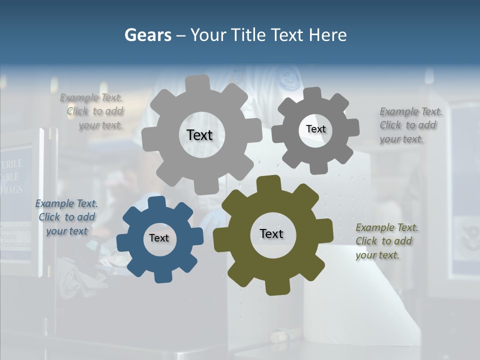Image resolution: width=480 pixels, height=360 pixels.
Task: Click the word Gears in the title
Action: click(147, 35)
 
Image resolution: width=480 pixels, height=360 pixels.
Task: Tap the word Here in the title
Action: click(327, 35)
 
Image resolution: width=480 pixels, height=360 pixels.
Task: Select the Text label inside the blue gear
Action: click(159, 238)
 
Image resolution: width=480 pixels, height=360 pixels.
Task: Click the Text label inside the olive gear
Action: click(271, 233)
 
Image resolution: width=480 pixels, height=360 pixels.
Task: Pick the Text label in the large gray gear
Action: click(199, 135)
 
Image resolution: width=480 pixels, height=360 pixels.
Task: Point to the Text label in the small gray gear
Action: click(315, 129)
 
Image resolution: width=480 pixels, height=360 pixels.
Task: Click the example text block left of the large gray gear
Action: click(95, 111)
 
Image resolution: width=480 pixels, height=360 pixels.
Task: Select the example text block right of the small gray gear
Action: click(410, 125)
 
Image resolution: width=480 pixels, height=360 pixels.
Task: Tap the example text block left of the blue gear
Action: click(67, 217)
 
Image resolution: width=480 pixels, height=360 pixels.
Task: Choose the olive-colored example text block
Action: click(386, 241)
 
